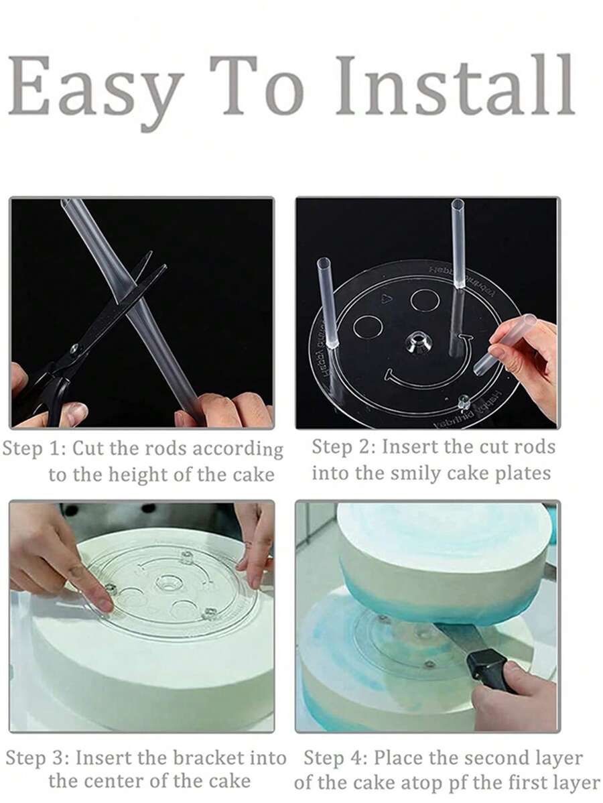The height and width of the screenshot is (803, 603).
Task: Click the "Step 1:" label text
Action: coord(33,448)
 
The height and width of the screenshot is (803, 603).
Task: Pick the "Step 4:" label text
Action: coord(334,758)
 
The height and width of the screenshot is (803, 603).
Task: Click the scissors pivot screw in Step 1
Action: coord(74,349)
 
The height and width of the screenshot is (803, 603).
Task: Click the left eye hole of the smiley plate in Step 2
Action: coord(368,326)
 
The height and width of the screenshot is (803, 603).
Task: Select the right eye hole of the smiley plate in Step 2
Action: coord(425,300)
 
